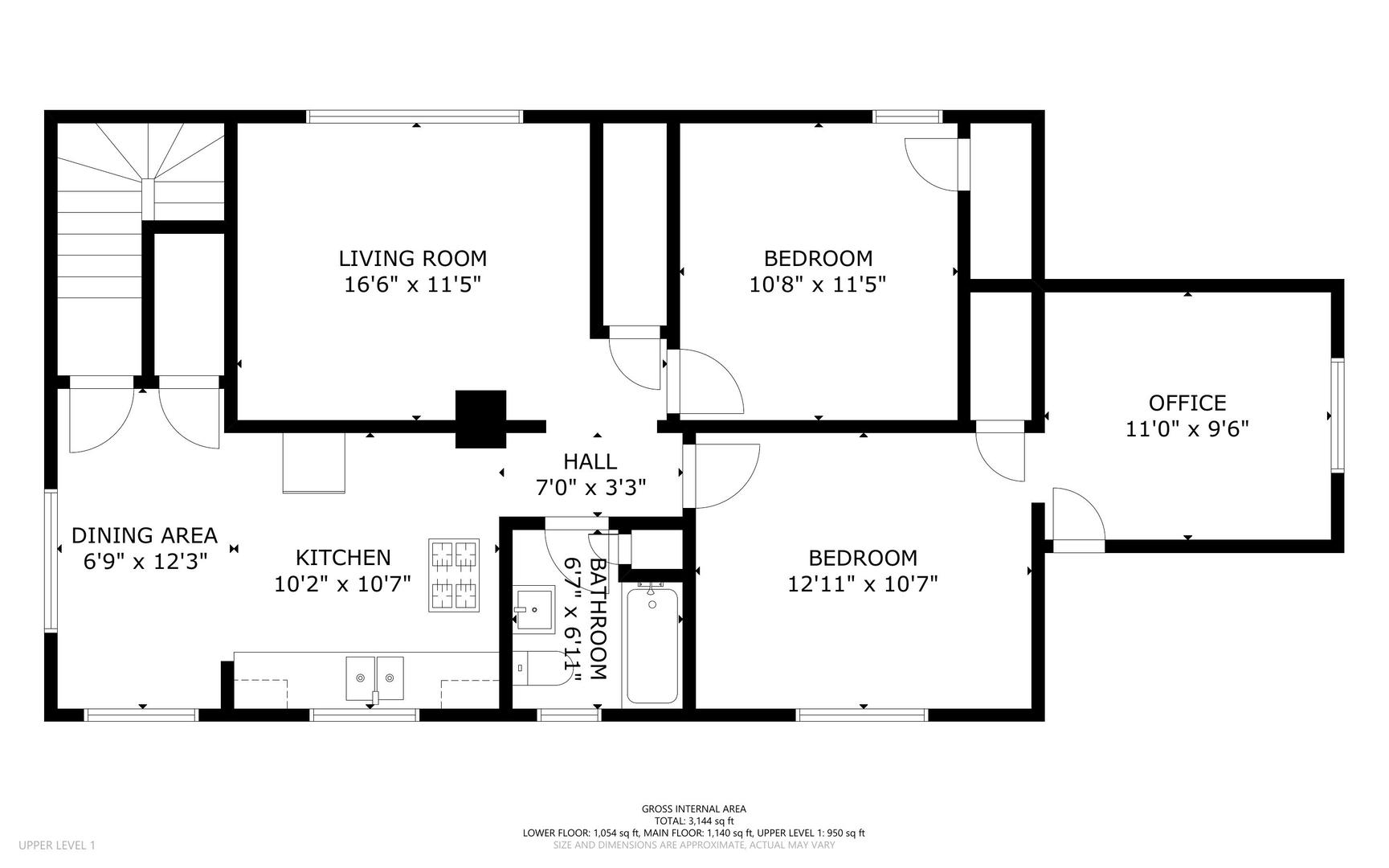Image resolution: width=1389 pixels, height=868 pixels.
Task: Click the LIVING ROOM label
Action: (x=412, y=259)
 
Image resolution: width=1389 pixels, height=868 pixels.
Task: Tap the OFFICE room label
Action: (x=1187, y=403)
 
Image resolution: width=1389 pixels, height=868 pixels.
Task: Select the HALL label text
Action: (x=590, y=461)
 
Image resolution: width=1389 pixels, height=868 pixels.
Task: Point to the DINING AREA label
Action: (x=145, y=535)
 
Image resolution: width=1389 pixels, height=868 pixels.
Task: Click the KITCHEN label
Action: (x=343, y=558)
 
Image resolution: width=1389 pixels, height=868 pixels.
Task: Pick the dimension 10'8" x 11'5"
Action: (x=818, y=285)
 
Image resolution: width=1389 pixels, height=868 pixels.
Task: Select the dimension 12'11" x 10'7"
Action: (x=863, y=583)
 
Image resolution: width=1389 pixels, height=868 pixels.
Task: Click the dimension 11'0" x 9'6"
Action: (x=1187, y=428)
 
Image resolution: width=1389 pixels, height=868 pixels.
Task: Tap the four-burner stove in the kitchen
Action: (x=454, y=575)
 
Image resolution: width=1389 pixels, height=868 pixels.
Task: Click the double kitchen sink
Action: (x=374, y=679)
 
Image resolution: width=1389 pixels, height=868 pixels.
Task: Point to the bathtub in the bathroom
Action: (x=652, y=645)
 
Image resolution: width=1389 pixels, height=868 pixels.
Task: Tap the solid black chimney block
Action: (x=480, y=419)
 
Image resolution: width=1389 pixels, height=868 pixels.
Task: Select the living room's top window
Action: (x=415, y=117)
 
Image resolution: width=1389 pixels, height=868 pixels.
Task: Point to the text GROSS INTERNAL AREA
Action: (x=693, y=809)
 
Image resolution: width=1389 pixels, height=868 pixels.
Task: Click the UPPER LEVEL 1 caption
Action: (x=56, y=845)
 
